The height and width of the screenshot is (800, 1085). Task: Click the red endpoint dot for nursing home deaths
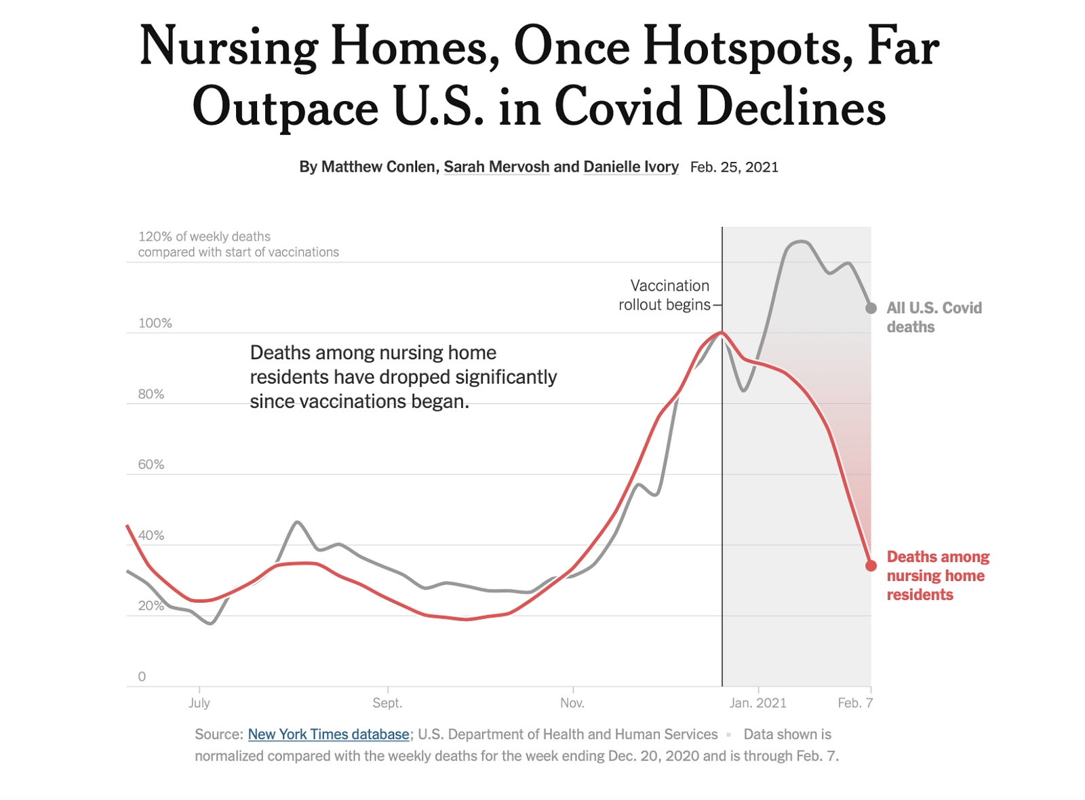click(x=871, y=565)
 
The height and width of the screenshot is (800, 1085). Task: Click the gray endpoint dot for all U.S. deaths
click(x=871, y=308)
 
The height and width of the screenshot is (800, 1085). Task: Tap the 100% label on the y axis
click(x=155, y=323)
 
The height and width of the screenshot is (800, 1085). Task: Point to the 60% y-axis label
click(x=151, y=464)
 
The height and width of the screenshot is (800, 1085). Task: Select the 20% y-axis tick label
click(x=151, y=606)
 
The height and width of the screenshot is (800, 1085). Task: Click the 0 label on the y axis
click(x=142, y=677)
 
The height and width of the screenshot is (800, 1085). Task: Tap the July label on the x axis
click(x=199, y=702)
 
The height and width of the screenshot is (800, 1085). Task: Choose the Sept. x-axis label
click(x=387, y=702)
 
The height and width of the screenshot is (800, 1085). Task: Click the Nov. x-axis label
click(x=572, y=702)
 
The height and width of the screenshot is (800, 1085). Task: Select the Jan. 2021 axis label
click(x=758, y=702)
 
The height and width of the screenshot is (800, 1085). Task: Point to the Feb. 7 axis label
click(x=855, y=702)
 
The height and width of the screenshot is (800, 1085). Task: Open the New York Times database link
click(x=328, y=734)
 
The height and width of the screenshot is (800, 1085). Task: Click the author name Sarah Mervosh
click(x=496, y=167)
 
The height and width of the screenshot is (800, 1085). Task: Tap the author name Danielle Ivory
click(x=631, y=167)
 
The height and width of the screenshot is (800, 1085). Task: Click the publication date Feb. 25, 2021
click(x=734, y=167)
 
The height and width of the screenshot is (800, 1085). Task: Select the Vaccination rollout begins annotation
click(x=664, y=295)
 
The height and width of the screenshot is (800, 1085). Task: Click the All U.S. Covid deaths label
click(x=934, y=317)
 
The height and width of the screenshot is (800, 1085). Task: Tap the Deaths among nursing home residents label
click(x=938, y=576)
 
